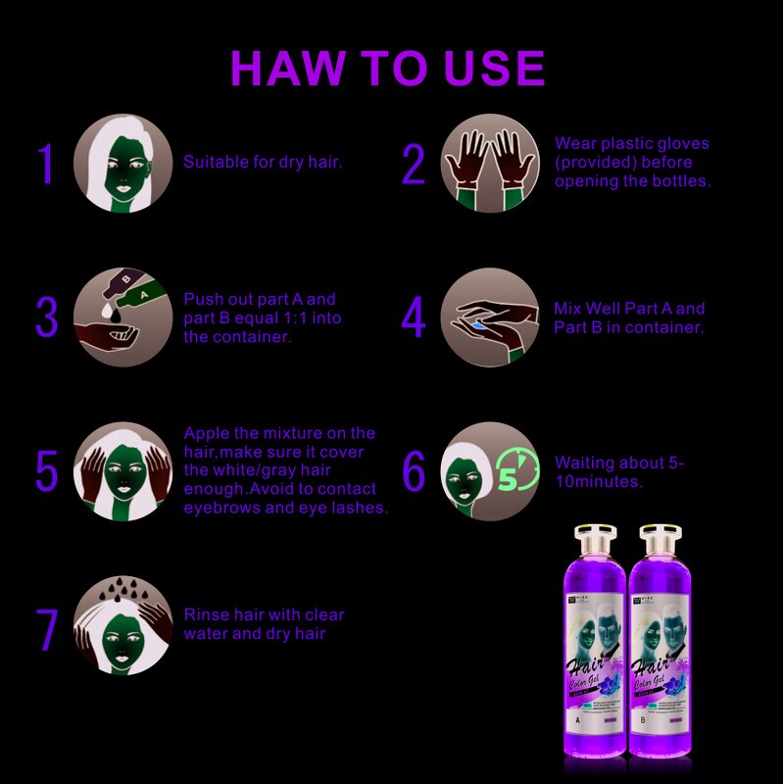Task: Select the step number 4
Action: (x=414, y=318)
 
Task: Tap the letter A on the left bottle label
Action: (x=579, y=718)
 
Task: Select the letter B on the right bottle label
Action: (x=643, y=718)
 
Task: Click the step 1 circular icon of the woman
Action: (x=122, y=163)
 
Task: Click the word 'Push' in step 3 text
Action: (x=203, y=299)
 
